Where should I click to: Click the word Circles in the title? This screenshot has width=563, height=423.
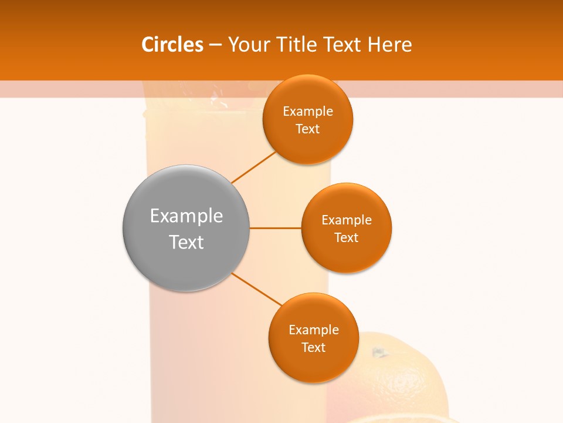point(172,45)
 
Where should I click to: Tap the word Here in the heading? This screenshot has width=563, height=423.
point(389,45)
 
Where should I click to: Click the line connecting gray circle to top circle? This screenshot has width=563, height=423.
point(253,167)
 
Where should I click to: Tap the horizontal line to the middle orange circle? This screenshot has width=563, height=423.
point(275,228)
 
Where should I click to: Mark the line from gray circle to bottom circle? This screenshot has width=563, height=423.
point(256,289)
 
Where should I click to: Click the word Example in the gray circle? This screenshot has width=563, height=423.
point(186,216)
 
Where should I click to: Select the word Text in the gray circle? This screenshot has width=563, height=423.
point(186,242)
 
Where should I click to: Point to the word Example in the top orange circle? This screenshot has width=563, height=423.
point(308,112)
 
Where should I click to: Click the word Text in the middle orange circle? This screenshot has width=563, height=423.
point(347,238)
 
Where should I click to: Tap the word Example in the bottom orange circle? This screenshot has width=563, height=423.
point(314,330)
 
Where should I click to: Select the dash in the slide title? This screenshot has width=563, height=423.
point(215,45)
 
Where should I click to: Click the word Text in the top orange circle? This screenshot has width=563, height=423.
point(308,129)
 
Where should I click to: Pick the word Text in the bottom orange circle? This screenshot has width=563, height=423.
point(314,348)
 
